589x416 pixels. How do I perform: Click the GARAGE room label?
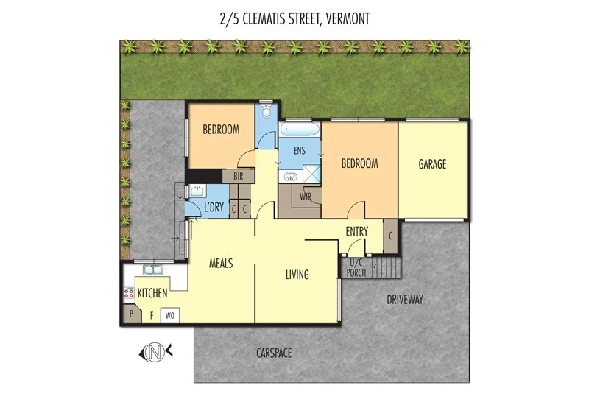(x=432, y=164)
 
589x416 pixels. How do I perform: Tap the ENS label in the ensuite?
(x=300, y=150)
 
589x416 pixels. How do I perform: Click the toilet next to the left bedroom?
(x=265, y=113)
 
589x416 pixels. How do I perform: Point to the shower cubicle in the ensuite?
(x=312, y=175)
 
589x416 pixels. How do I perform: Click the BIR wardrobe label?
(x=238, y=176)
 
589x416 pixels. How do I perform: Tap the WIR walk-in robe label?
(x=305, y=196)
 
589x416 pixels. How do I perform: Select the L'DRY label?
(x=214, y=208)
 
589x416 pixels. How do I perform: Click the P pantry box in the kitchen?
(x=131, y=314)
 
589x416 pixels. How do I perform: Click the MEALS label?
(x=221, y=263)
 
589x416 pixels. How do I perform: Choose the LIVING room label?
(x=297, y=275)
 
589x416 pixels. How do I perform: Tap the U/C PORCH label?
(x=357, y=267)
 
